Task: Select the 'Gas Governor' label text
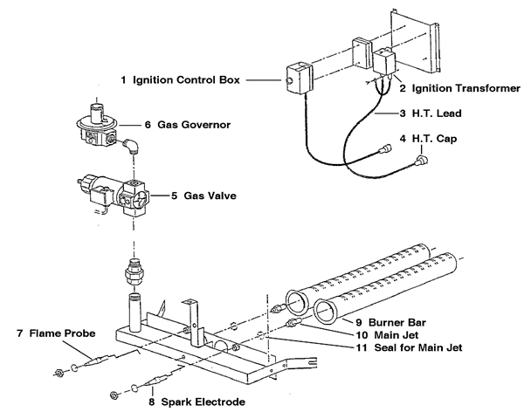(x=196, y=125)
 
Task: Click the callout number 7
(x=18, y=333)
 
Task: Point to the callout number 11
(x=361, y=348)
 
